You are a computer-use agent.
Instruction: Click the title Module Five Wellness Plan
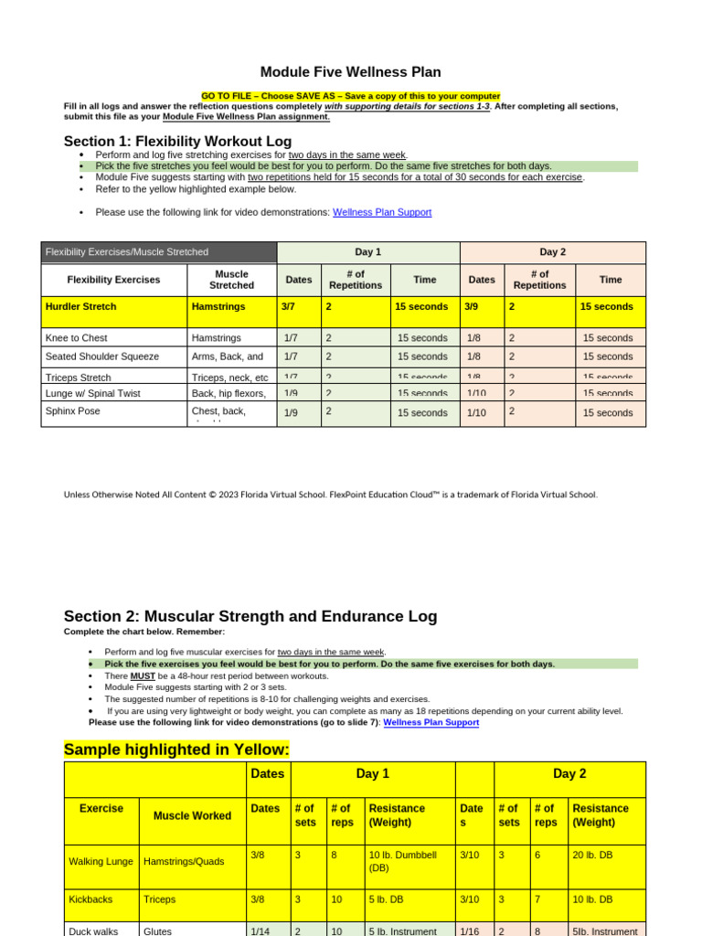tap(350, 71)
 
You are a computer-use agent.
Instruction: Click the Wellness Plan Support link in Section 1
tap(382, 212)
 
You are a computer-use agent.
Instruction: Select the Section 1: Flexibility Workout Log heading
tap(177, 141)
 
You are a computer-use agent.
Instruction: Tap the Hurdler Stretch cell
tap(81, 307)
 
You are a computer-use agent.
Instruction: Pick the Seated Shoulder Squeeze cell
tap(102, 356)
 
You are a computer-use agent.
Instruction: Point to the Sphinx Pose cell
tap(73, 411)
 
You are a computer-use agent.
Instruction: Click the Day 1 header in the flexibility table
tap(367, 252)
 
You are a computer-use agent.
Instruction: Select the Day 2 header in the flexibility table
tap(553, 252)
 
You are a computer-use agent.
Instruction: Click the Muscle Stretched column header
tap(232, 280)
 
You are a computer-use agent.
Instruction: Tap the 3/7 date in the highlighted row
tap(288, 307)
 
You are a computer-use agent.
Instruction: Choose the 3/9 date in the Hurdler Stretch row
tap(472, 307)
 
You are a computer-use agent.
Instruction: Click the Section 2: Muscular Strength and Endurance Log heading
tap(250, 616)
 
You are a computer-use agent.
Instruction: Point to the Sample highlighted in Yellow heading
tap(176, 750)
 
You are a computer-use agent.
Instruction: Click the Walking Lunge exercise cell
tap(101, 861)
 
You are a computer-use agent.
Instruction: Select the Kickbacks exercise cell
tap(90, 899)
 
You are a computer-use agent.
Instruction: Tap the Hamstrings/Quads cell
tap(186, 861)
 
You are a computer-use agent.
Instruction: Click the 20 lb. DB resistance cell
tap(594, 855)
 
